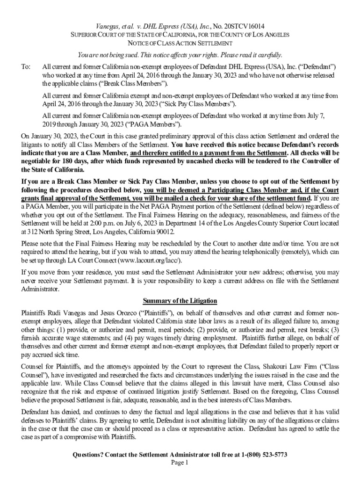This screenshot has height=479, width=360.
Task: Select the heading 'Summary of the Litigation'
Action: tap(180, 300)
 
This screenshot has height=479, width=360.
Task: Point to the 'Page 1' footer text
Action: tap(180, 463)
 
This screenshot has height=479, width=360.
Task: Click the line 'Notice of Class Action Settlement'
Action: tap(180, 44)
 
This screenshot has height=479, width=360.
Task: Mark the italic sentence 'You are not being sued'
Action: tap(180, 55)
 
